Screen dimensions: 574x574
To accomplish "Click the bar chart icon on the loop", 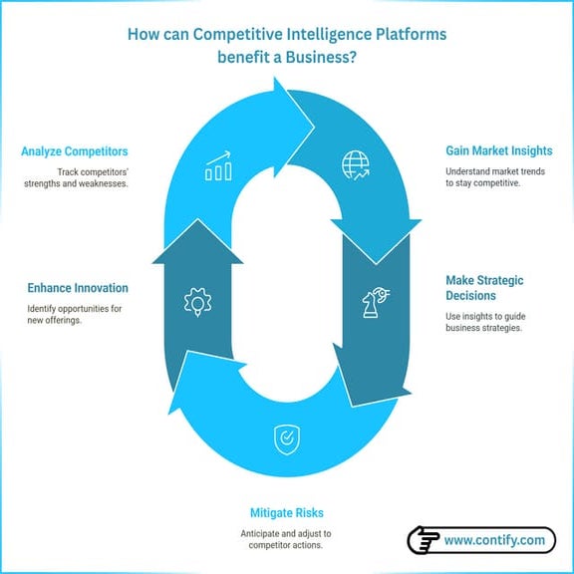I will (218, 167).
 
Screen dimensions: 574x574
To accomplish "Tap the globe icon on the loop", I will (354, 164).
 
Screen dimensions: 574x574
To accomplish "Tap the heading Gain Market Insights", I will (498, 151).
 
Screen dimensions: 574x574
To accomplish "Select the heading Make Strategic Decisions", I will (484, 288).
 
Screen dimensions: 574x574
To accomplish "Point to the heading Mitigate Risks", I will (286, 513).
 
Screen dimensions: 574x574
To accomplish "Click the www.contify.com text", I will (494, 541).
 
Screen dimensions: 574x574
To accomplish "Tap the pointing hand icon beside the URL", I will (424, 541).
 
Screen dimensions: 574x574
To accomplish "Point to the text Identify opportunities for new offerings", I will (74, 315).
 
